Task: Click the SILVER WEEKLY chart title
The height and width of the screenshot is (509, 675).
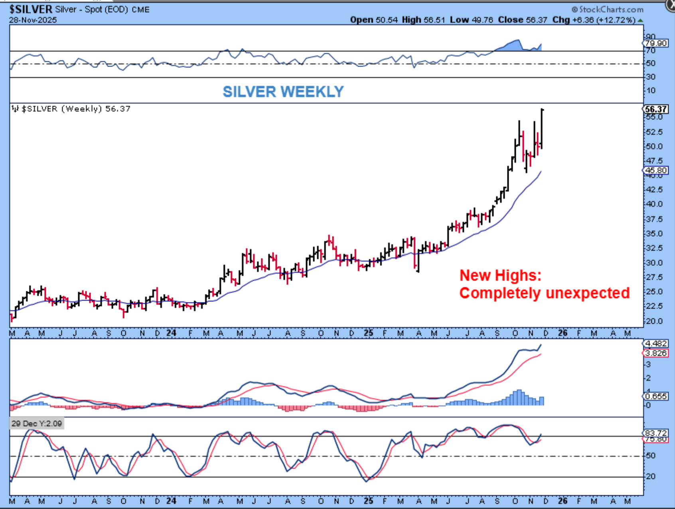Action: click(283, 92)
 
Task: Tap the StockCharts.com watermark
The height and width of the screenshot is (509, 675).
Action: click(608, 10)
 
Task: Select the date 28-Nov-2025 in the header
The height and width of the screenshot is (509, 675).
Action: click(33, 20)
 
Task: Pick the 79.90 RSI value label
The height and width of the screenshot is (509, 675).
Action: click(656, 43)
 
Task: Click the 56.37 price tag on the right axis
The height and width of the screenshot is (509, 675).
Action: click(656, 109)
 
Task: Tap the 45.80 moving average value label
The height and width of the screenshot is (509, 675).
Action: click(656, 170)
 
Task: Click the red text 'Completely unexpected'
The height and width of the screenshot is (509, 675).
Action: click(544, 293)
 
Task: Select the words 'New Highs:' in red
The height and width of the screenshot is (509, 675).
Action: click(500, 275)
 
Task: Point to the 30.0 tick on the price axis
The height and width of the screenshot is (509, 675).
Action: click(654, 263)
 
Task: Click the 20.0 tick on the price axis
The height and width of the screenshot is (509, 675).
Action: click(654, 321)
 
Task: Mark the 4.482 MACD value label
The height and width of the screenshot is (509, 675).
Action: click(656, 343)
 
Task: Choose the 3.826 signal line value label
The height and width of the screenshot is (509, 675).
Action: click(656, 353)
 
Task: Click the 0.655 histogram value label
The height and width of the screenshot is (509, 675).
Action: click(656, 396)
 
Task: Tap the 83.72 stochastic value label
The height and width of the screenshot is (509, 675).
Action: click(656, 433)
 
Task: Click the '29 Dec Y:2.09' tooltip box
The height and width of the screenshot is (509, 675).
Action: click(37, 424)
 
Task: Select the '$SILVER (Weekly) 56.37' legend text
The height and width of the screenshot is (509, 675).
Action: click(75, 109)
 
